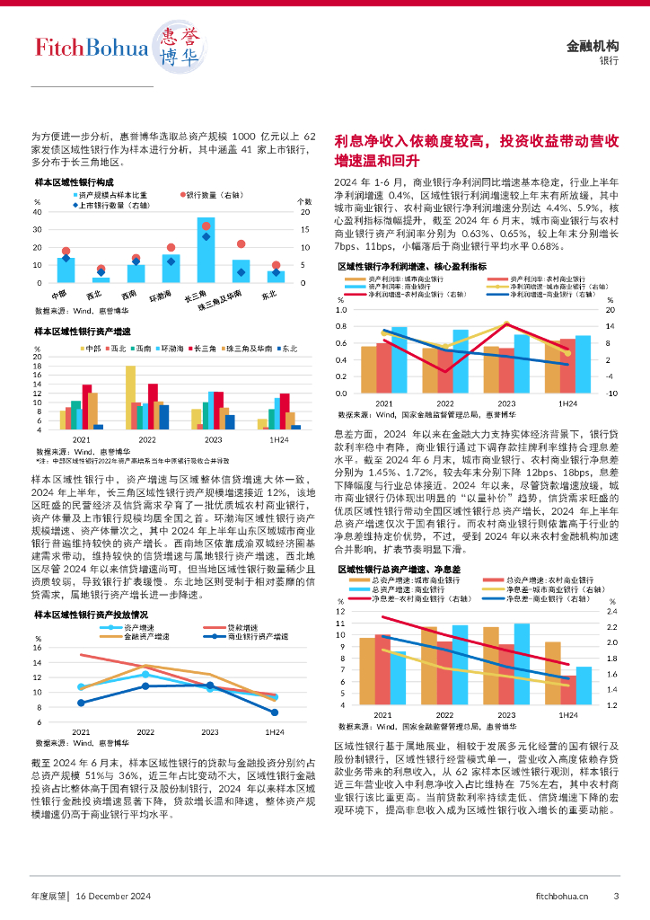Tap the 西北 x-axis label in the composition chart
click(94, 294)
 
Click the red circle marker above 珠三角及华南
click(241, 243)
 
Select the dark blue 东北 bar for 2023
click(230, 421)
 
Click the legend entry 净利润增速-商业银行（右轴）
click(552, 294)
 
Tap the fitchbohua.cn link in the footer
click(561, 895)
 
